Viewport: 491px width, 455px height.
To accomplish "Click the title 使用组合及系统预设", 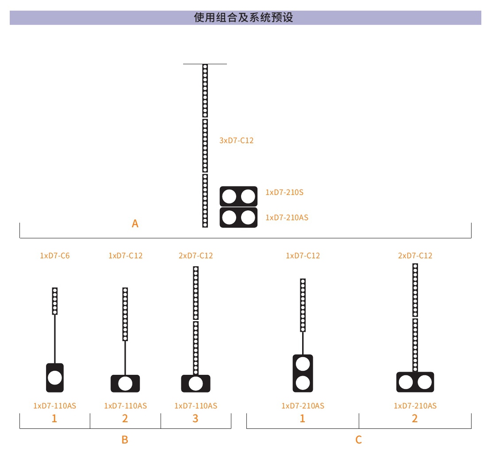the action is pos(243,18).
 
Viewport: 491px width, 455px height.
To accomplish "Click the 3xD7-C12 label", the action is pos(236,140).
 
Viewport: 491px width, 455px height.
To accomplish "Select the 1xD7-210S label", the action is pos(284,192).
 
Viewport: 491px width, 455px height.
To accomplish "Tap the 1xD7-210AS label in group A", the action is pos(287,218).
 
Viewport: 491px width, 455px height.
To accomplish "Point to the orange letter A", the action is pos(135,224).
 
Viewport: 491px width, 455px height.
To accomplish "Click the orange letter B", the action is pos(125,439).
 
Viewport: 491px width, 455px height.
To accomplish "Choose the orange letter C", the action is pos(359,439).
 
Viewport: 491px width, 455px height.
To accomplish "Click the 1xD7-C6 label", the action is pos(55,256).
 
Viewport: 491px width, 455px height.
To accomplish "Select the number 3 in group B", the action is pos(196,418).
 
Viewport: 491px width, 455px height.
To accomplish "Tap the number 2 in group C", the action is pos(414,418).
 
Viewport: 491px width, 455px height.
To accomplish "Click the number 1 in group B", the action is pos(54,418).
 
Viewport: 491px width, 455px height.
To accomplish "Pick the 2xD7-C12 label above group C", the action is pos(415,256).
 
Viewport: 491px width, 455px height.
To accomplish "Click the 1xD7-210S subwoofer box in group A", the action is pos(238,197).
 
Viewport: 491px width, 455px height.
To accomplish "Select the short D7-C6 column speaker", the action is pos(55,301).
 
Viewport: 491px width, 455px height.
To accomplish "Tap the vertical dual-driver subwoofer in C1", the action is pos(303,373).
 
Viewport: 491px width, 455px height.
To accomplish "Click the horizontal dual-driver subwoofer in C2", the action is pos(415,382).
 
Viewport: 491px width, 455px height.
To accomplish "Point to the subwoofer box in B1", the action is pos(55,377).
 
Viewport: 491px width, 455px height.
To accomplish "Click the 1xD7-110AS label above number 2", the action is pos(125,406).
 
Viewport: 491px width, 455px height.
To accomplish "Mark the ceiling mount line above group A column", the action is pos(205,64).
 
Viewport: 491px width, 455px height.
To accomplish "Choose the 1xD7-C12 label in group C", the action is pos(303,256).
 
